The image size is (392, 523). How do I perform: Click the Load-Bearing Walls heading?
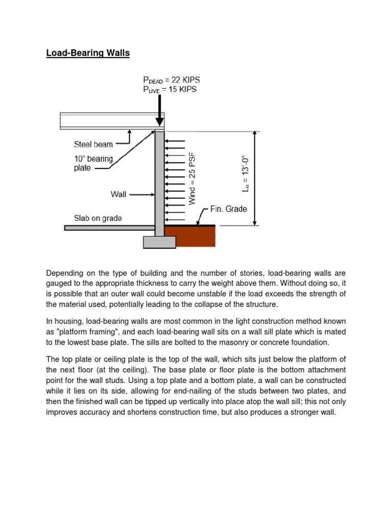pyautogui.click(x=88, y=53)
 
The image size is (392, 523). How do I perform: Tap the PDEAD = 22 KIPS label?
pyautogui.click(x=171, y=80)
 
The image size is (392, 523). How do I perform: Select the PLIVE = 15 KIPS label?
pyautogui.click(x=169, y=89)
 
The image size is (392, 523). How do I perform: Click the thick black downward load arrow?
pyautogui.click(x=160, y=110)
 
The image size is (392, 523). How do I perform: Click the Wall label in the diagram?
pyautogui.click(x=118, y=195)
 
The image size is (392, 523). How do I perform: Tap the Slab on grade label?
pyautogui.click(x=97, y=218)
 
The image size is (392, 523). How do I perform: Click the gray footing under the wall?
pyautogui.click(x=160, y=242)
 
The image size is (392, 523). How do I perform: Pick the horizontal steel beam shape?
pyautogui.click(x=107, y=121)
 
